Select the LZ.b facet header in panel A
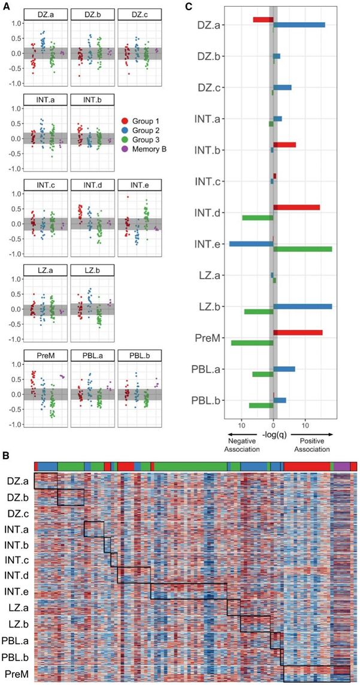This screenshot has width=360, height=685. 92,271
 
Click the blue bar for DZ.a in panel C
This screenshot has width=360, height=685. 299,25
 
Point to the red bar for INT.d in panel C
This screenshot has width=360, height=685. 297,207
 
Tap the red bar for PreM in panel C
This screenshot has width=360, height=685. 298,333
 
